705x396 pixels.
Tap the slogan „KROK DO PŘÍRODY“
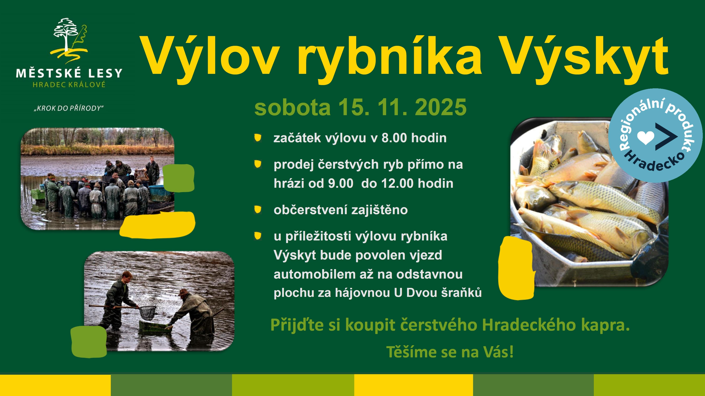(x=69, y=108)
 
